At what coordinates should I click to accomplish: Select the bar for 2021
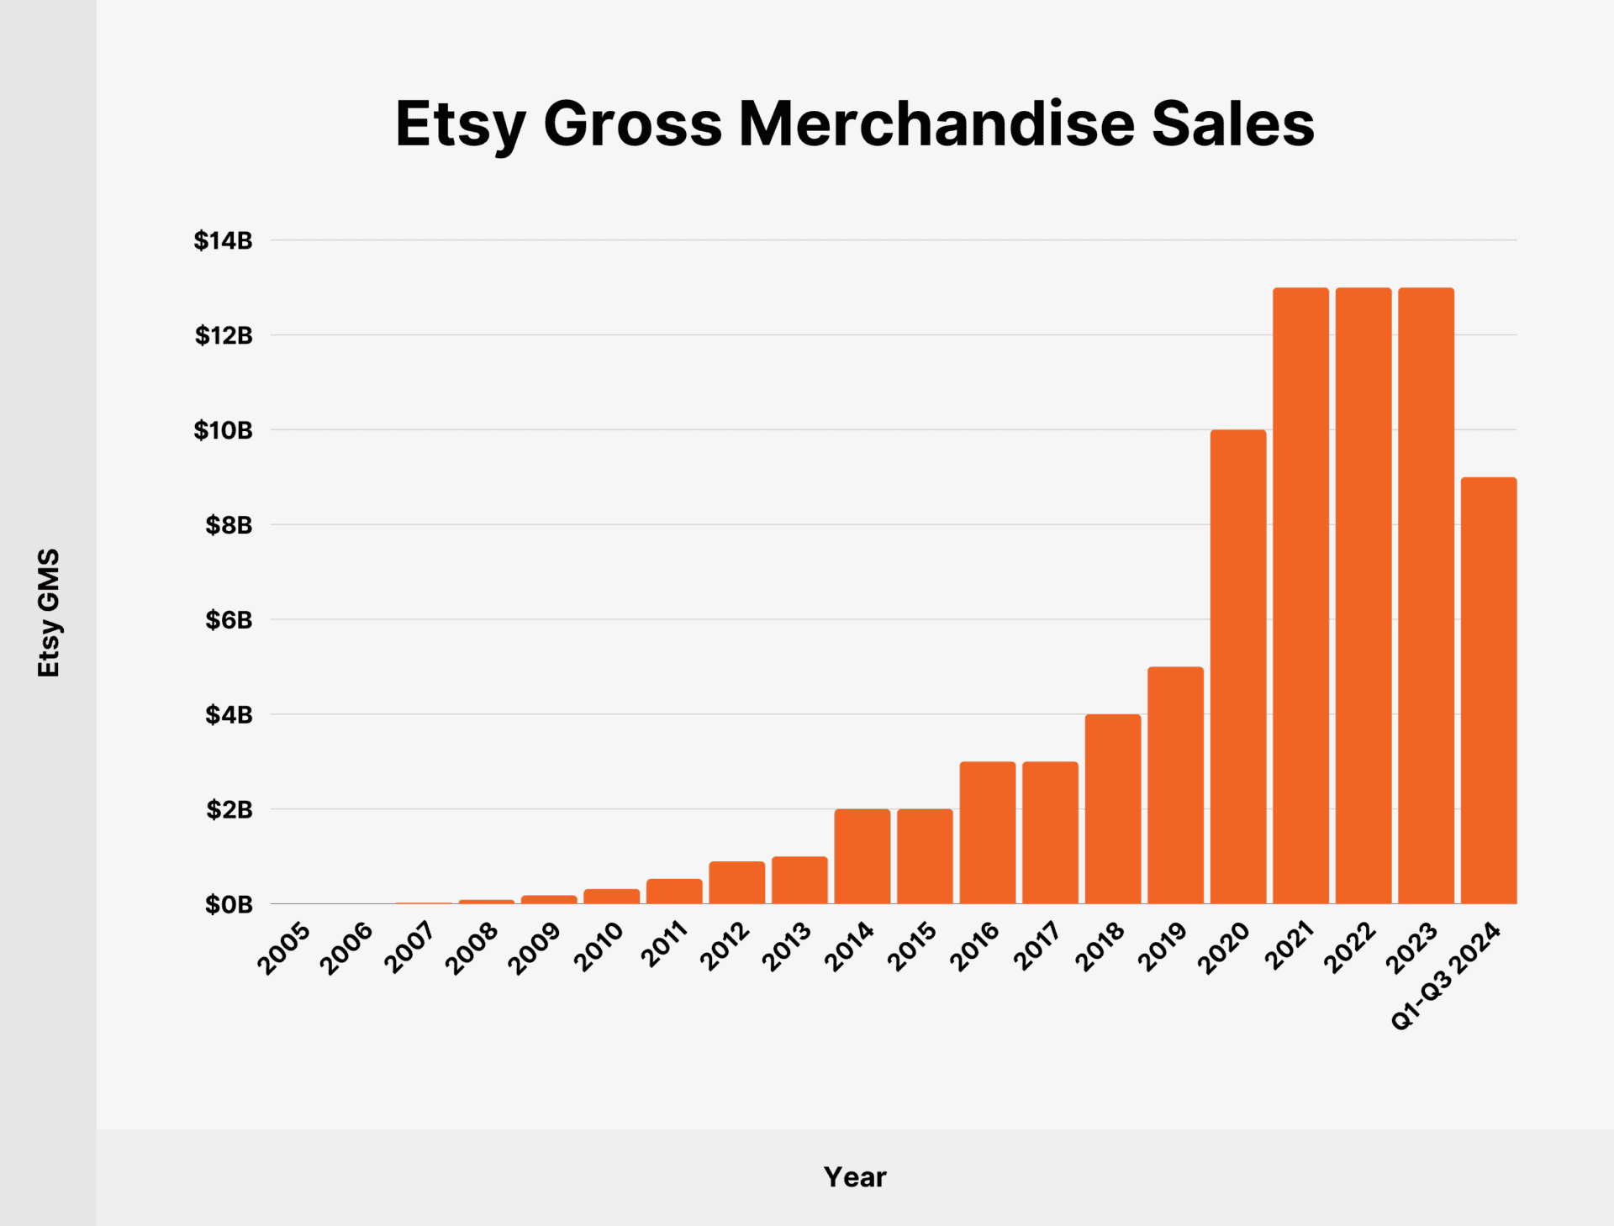coord(1300,596)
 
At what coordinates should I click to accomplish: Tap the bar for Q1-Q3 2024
coord(1489,691)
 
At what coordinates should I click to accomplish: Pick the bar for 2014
coord(862,856)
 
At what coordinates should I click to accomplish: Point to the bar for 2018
coord(1112,808)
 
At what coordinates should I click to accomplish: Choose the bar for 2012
coord(736,882)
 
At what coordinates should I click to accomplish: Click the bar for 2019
coord(1175,785)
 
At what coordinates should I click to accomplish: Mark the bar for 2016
coord(987,832)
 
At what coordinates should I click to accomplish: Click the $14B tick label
coord(223,241)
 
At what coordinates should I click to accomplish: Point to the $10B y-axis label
coord(223,430)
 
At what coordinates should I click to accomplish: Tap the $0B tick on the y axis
coord(228,905)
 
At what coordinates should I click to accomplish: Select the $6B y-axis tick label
coord(228,620)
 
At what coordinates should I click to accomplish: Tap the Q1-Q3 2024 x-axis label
coord(1446,975)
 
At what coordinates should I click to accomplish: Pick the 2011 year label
coord(664,944)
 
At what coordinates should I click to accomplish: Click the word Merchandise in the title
coord(936,124)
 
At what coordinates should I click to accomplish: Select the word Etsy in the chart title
coord(460,124)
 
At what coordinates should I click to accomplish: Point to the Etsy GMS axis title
coord(49,613)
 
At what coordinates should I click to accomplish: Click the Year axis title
coord(854,1177)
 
